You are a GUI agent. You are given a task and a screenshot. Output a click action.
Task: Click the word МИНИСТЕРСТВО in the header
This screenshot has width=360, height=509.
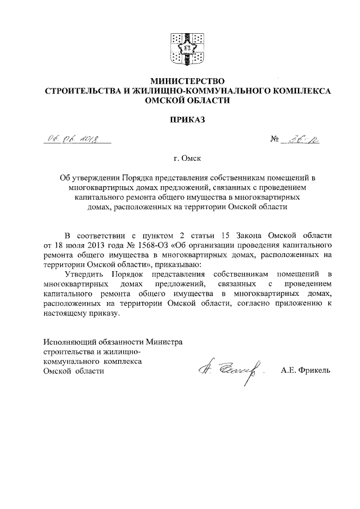(180, 80)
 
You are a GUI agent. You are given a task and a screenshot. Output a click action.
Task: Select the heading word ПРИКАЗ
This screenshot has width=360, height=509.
(180, 119)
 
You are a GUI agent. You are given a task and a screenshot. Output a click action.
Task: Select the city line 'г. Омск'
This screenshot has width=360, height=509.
(180, 159)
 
